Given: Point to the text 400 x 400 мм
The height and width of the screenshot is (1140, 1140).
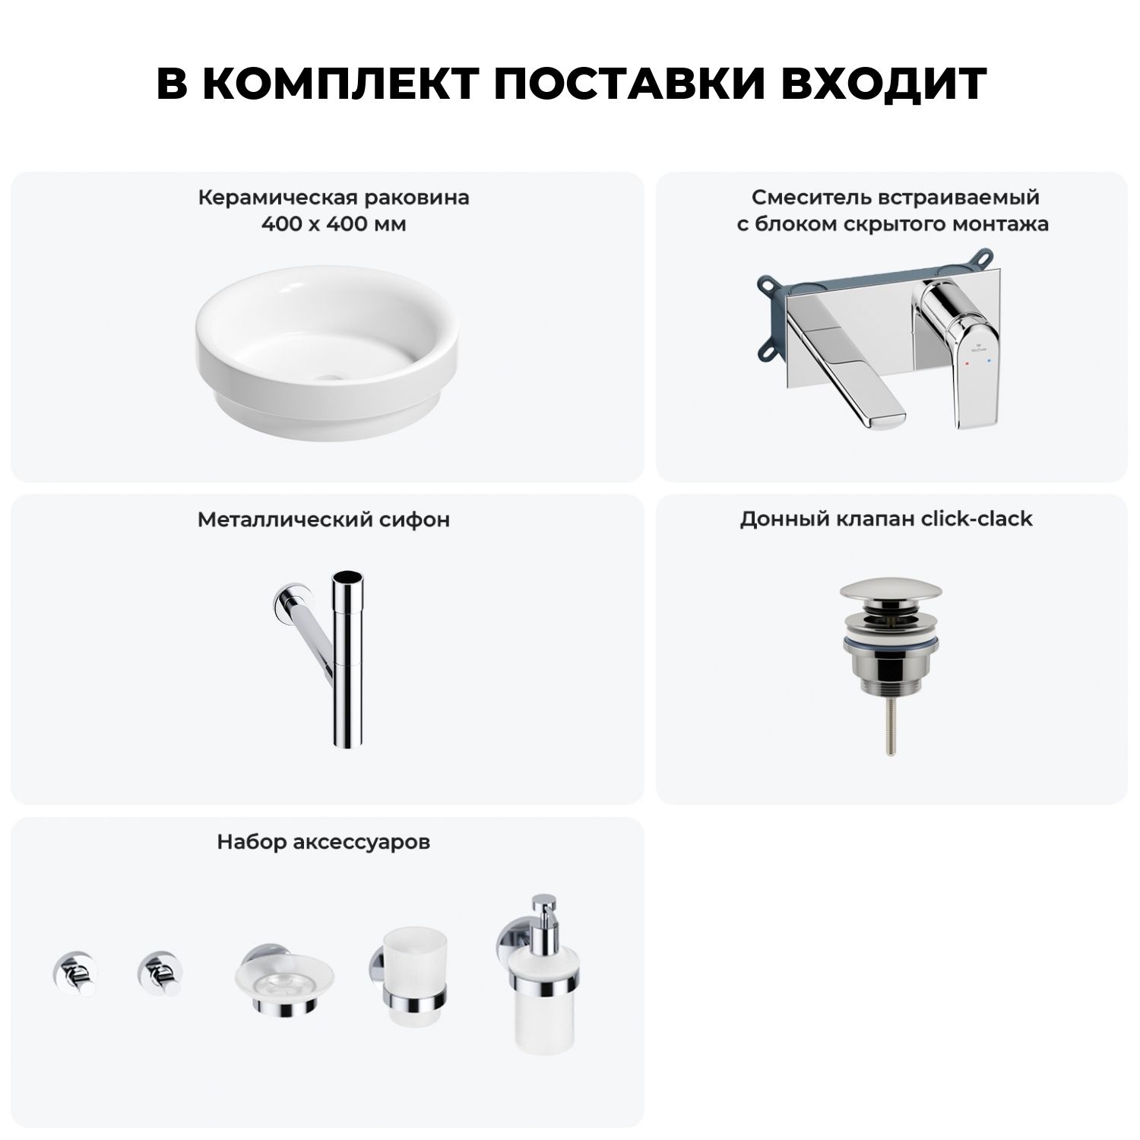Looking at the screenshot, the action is point(334,224).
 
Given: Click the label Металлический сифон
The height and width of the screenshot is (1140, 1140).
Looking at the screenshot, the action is point(324,519).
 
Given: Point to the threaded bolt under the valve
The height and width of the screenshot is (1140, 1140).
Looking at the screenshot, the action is point(888,725).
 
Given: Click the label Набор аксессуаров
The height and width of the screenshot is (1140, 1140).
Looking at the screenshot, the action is point(324,841).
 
